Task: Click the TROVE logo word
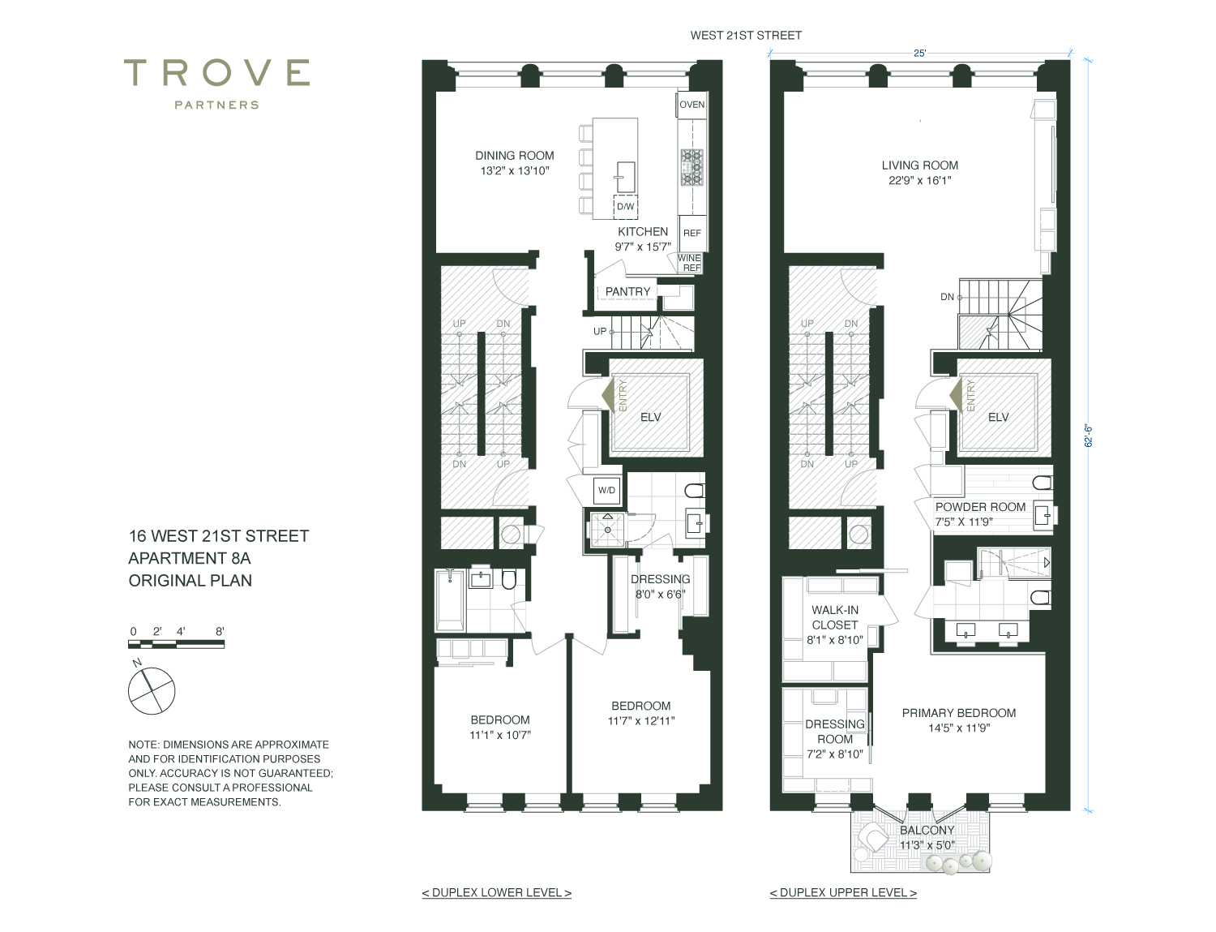pos(216,73)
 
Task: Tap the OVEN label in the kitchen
pos(691,105)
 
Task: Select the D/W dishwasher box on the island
pos(625,206)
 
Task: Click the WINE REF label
pos(689,263)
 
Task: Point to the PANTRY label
pos(627,292)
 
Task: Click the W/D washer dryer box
pos(606,491)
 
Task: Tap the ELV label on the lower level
pos(650,417)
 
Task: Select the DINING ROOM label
pos(514,156)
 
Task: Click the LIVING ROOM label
pos(919,165)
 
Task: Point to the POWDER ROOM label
pos(980,507)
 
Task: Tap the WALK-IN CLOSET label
pos(834,617)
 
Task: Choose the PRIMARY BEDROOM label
pos(958,712)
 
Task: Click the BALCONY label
pos(927,830)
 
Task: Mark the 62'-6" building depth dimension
pos(1089,436)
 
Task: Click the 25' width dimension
pos(919,54)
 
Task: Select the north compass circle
pos(152,691)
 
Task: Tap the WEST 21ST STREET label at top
pos(746,35)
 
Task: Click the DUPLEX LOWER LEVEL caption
pos(497,893)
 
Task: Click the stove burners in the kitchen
pos(691,167)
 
